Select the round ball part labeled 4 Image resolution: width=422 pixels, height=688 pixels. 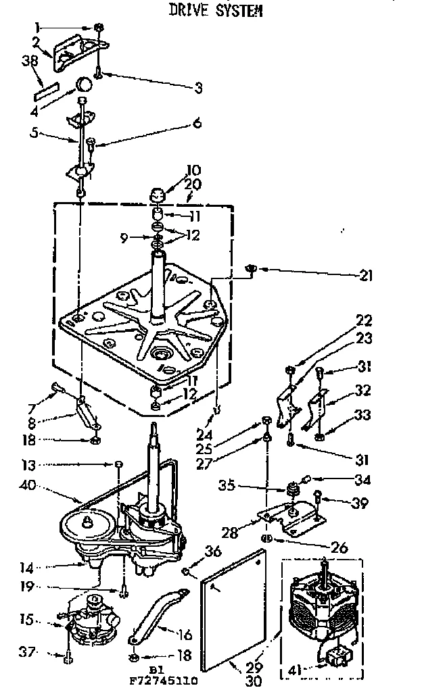(85, 85)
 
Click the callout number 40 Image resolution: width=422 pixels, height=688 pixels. (28, 485)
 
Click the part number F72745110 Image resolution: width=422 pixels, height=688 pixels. (160, 681)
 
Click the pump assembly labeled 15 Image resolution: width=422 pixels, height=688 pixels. (91, 620)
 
